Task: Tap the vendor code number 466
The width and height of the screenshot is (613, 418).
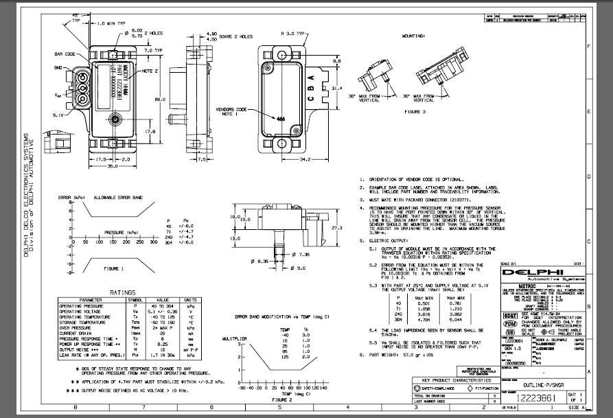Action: click(280, 119)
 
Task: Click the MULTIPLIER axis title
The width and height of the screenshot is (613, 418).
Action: click(233, 338)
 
